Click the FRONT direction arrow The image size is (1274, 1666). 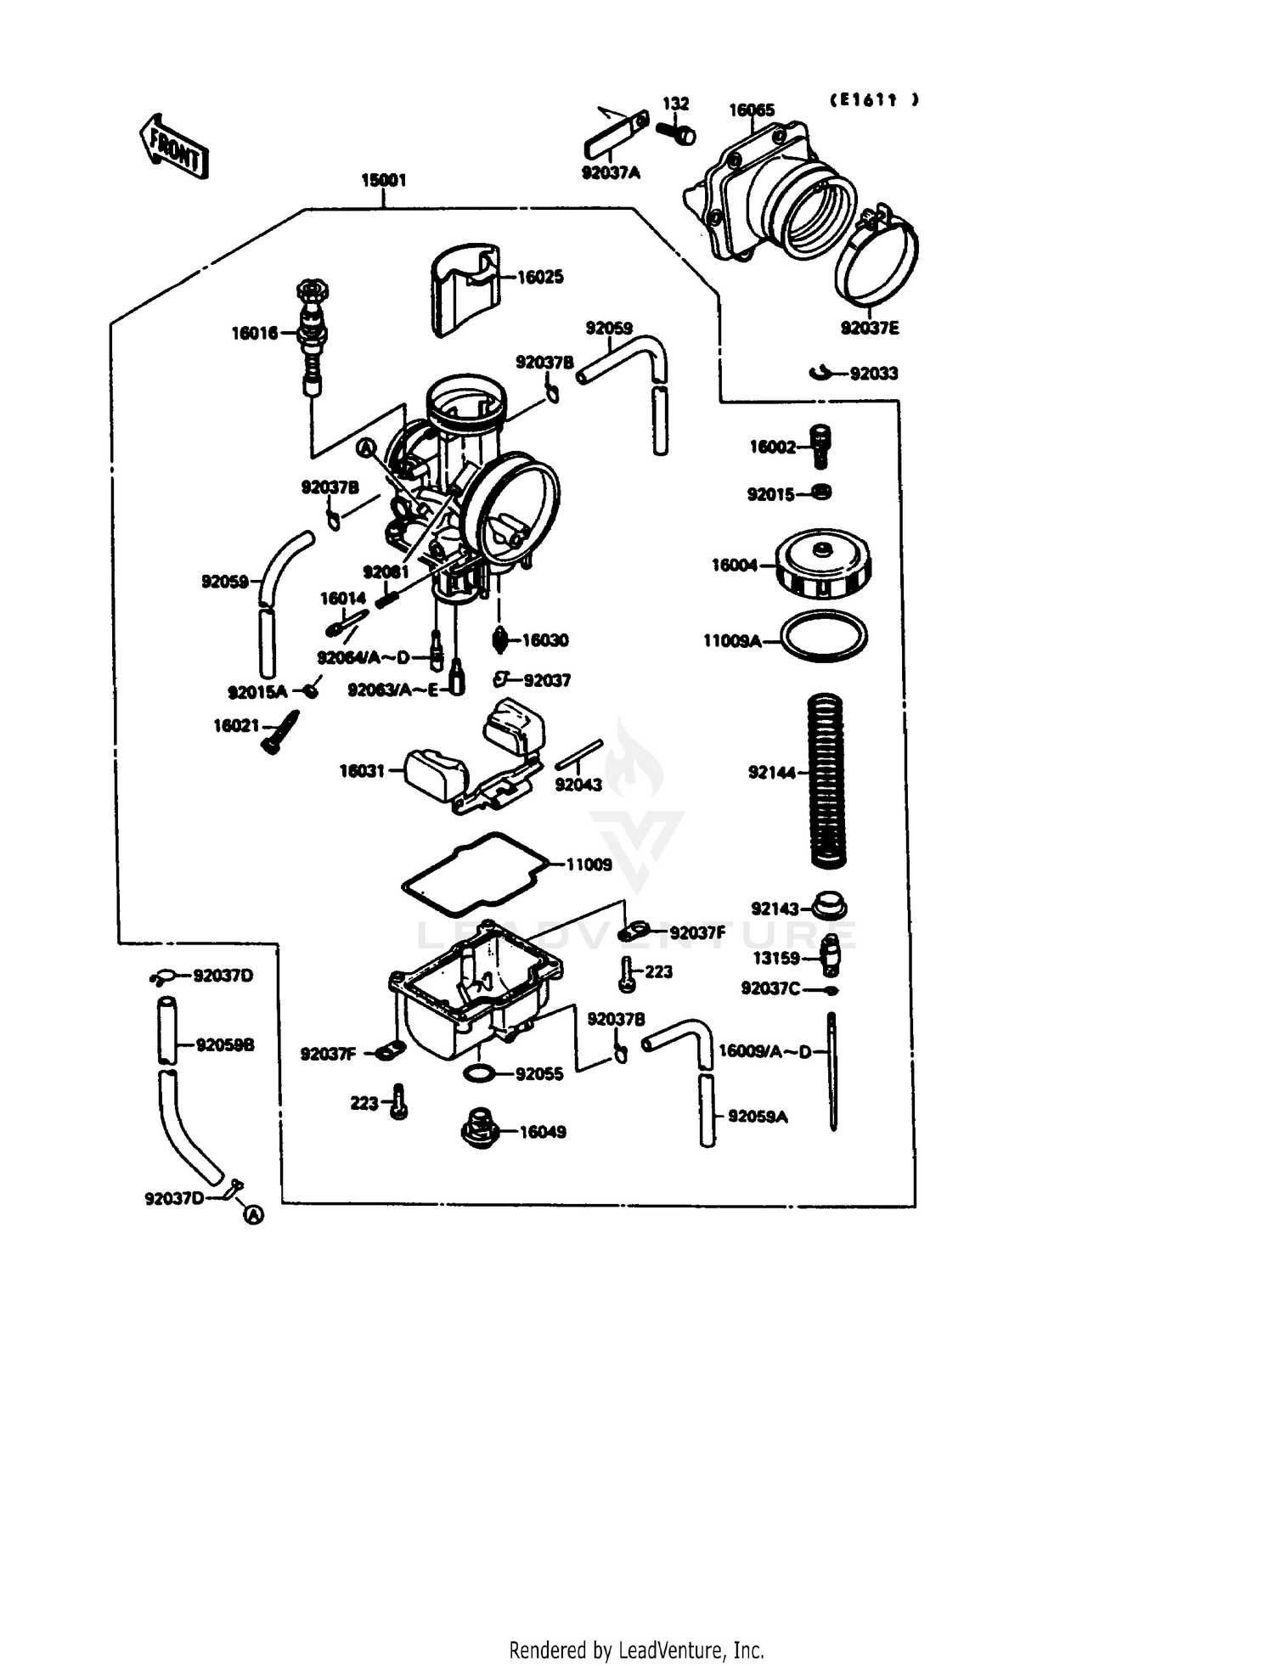[x=173, y=147]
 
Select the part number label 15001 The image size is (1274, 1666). [x=383, y=180]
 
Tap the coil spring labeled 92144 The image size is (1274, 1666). [x=825, y=780]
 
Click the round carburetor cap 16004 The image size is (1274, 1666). [x=822, y=563]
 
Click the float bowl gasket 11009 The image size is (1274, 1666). [x=476, y=874]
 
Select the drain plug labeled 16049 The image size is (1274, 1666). [x=480, y=1128]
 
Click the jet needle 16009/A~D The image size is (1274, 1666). [x=832, y=1072]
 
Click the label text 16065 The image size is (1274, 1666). [x=752, y=110]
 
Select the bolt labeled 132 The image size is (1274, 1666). [x=676, y=132]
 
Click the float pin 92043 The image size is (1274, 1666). [x=578, y=755]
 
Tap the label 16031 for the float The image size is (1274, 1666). [x=362, y=771]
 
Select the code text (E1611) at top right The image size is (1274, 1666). [x=874, y=99]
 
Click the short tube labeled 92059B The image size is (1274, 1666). [x=167, y=1030]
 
